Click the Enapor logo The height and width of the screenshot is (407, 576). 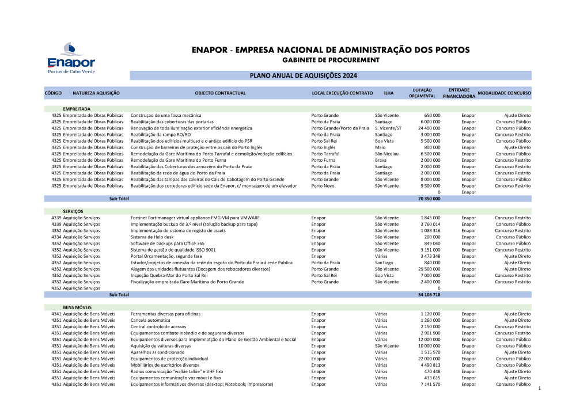71,58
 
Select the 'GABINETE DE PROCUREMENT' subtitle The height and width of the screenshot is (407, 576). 331,60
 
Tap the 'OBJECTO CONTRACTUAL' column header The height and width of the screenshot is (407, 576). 221,93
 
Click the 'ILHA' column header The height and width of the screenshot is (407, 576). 389,93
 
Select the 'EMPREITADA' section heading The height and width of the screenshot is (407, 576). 77,109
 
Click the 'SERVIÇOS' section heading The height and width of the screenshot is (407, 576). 73,211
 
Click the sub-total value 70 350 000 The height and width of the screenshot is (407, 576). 429,199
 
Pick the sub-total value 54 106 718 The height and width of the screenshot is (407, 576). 429,294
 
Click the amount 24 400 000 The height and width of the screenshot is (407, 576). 429,128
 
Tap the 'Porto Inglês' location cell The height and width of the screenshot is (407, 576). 323,147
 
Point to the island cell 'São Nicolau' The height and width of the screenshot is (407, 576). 386,154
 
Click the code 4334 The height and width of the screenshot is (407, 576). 56,237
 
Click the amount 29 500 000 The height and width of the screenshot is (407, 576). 429,269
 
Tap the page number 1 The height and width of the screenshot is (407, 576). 540,390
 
